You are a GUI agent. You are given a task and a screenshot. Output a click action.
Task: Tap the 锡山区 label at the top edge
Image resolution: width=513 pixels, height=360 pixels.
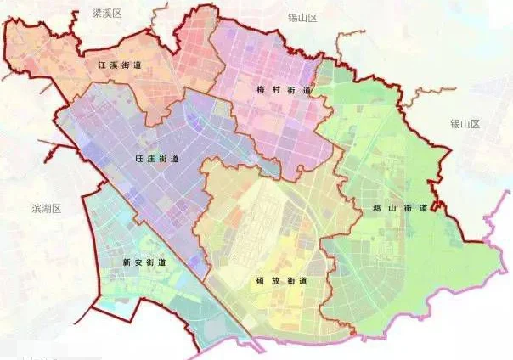[x=302, y=17]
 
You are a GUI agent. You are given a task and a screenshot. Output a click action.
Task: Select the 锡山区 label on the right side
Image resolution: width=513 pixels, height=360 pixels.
[x=465, y=124]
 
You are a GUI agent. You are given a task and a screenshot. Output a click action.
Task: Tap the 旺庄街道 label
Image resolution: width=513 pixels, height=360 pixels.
[x=156, y=159]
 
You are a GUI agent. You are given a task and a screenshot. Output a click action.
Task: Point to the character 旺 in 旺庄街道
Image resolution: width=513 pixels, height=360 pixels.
[x=138, y=159]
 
